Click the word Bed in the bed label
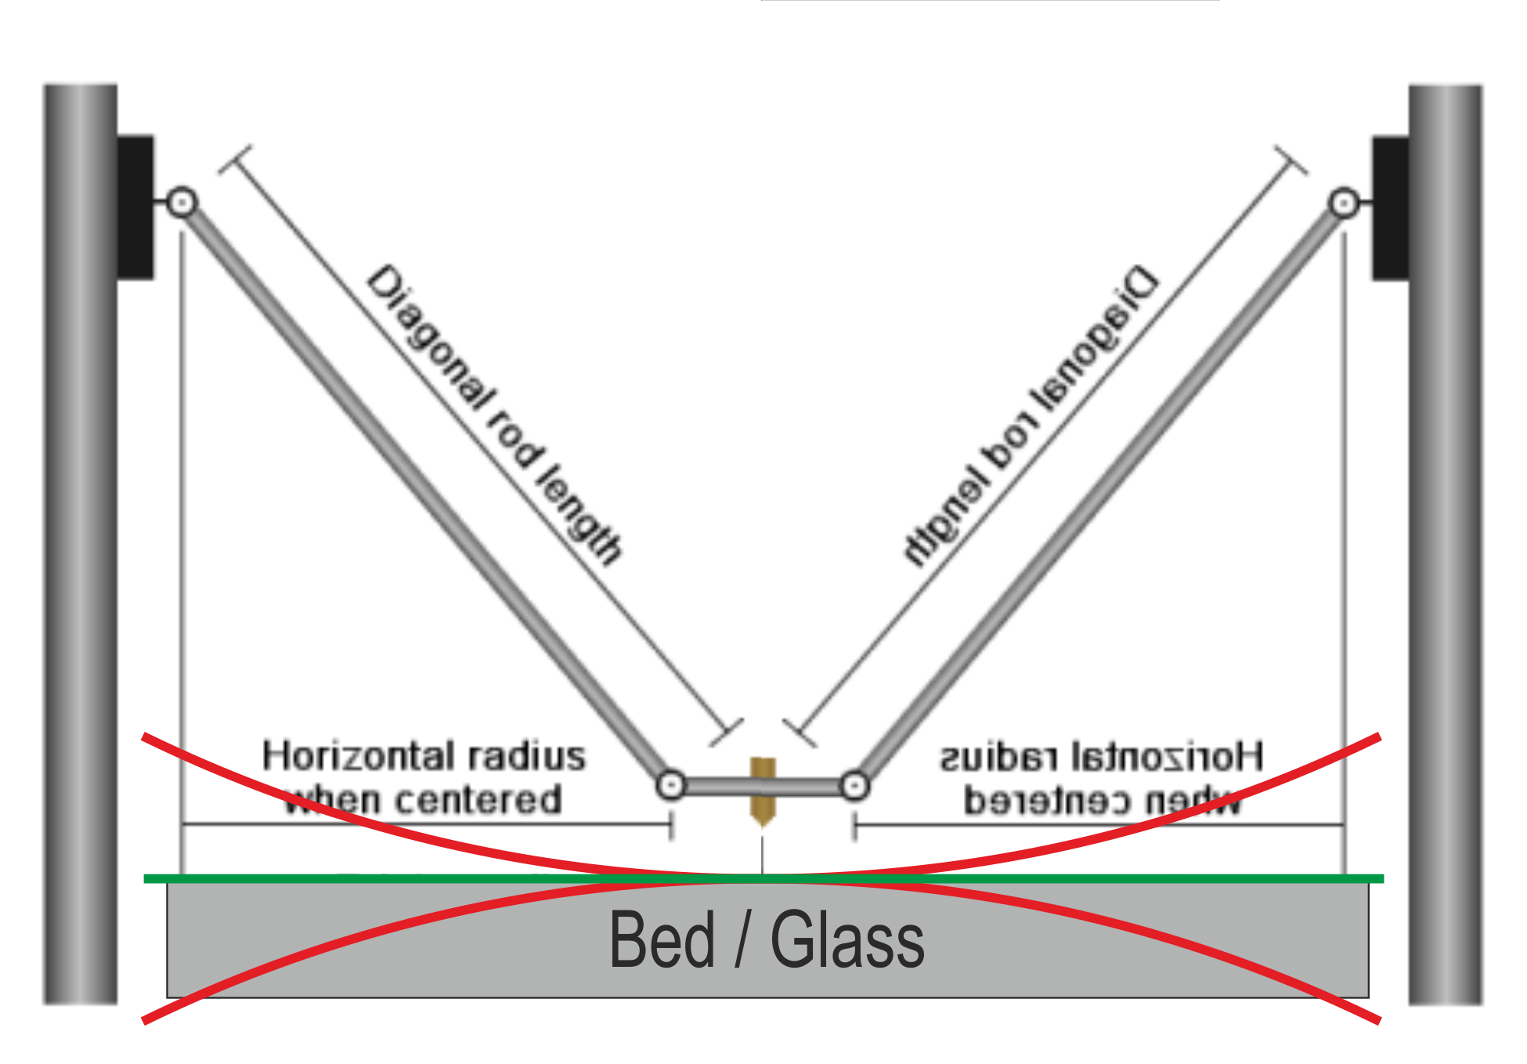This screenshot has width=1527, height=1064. click(662, 940)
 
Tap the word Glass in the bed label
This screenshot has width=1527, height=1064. click(847, 940)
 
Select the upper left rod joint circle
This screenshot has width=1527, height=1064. click(182, 203)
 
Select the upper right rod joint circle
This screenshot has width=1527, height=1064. click(1344, 204)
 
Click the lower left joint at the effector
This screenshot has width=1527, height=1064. click(671, 785)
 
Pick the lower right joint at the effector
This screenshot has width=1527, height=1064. click(854, 786)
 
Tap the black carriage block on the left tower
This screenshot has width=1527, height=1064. click(135, 208)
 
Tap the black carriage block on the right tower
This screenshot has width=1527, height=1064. click(1390, 208)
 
